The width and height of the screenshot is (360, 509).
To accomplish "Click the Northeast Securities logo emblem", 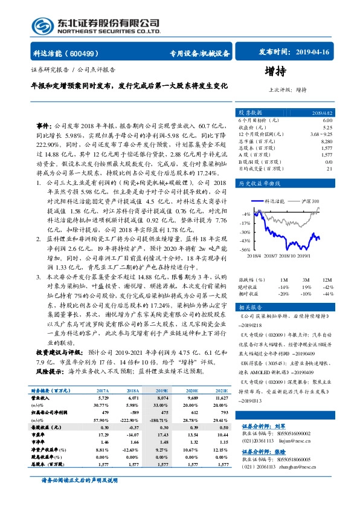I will pyautogui.click(x=42, y=25).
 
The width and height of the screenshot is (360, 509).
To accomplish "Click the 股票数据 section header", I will pyautogui.click(x=249, y=112).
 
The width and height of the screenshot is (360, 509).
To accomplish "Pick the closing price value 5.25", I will pyautogui.click(x=327, y=127).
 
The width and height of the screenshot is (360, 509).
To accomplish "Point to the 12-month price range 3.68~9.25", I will pyautogui.click(x=320, y=134).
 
